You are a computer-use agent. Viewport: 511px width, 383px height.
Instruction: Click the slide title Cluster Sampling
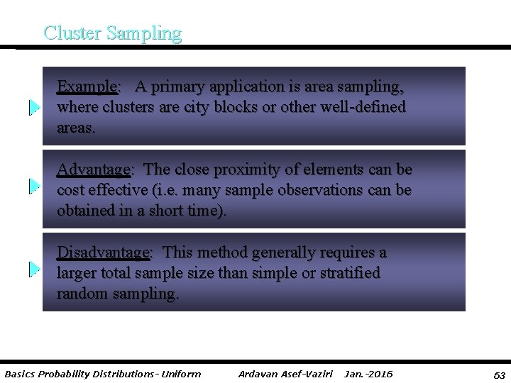[112, 33]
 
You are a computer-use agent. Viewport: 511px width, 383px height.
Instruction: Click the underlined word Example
[87, 87]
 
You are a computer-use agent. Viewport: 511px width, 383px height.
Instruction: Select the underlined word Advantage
[93, 170]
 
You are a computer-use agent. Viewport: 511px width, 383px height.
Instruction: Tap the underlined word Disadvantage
[103, 253]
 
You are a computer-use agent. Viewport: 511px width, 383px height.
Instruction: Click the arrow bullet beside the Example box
[33, 108]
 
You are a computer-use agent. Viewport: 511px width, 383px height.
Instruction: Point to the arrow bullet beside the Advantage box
[33, 186]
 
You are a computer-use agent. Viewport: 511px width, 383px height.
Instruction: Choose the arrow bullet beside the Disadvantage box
[33, 269]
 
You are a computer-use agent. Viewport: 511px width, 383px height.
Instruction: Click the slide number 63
[499, 374]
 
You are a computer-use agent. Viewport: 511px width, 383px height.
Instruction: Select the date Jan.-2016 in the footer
[368, 374]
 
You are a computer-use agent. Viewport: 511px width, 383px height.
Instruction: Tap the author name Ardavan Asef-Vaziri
[285, 374]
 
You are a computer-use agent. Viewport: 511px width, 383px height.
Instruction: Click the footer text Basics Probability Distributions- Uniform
[103, 374]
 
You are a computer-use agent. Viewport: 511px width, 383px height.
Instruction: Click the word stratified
[349, 273]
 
